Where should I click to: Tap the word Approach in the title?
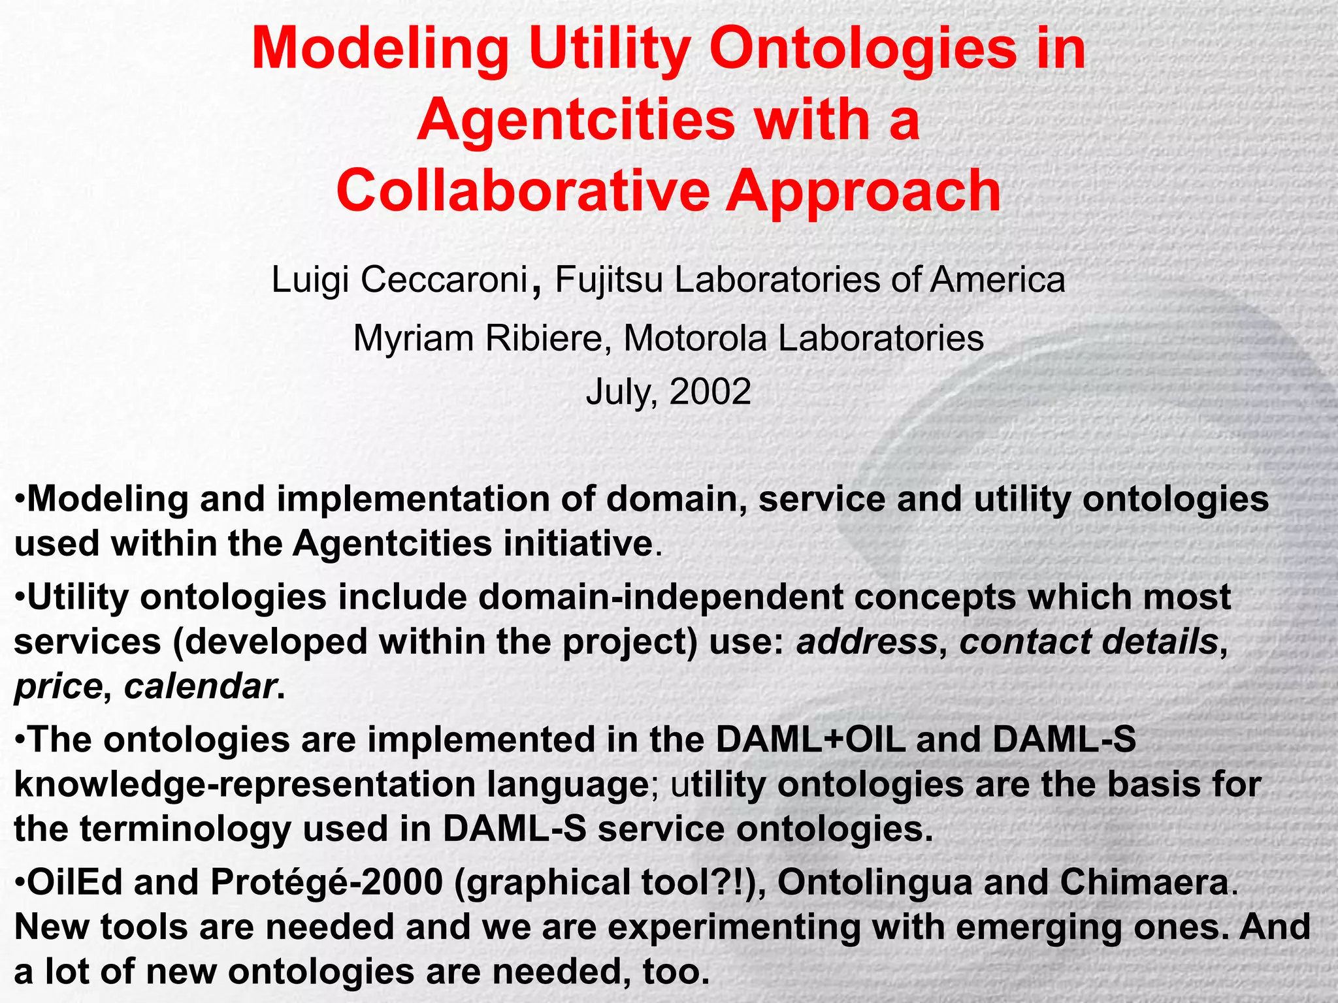(863, 191)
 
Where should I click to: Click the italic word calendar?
(199, 686)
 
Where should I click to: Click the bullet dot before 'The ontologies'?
(20, 740)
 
